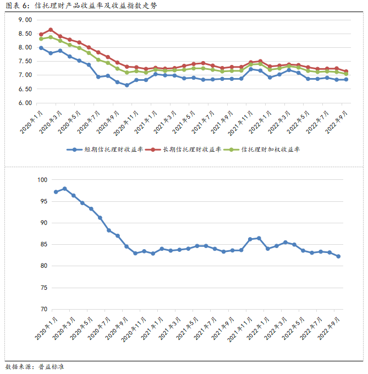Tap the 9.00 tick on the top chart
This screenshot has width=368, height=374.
[x=25, y=20]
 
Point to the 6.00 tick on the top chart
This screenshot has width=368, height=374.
[x=25, y=103]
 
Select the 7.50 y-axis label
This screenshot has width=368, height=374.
[x=25, y=61]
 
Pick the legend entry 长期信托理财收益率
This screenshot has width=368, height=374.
[x=188, y=149]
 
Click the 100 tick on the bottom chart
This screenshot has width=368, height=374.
[x=42, y=180]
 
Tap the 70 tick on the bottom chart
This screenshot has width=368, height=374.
[x=44, y=309]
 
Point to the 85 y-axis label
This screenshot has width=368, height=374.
[x=44, y=245]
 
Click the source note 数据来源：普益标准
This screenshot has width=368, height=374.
[x=35, y=366]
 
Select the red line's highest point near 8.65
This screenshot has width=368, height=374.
[x=51, y=30]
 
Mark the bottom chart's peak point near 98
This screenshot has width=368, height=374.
[x=64, y=189]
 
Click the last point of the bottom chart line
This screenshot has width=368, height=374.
[x=338, y=256]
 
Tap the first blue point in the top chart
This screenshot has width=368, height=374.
[x=41, y=48]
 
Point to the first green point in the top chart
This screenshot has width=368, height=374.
[x=41, y=39]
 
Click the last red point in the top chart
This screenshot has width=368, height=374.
[x=345, y=71]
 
